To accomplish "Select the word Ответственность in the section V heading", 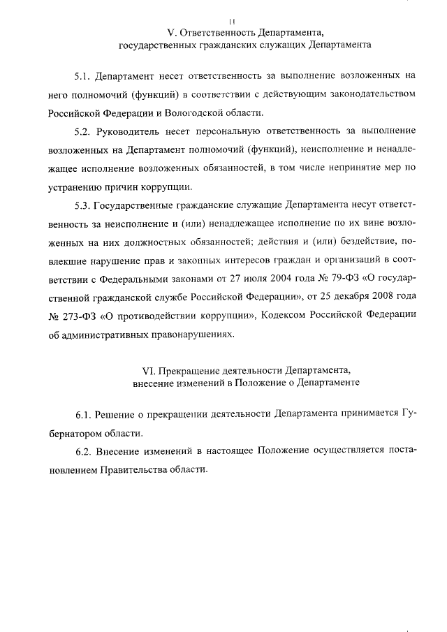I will click(x=218, y=32).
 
